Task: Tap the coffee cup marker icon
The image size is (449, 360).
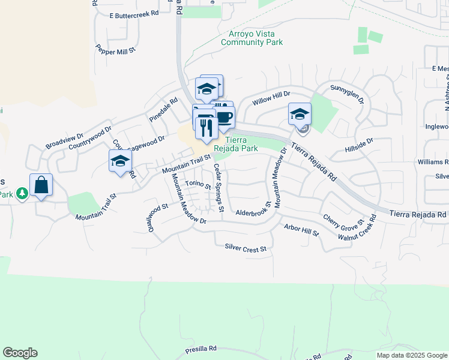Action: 224,118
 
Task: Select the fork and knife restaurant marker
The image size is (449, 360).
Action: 206,127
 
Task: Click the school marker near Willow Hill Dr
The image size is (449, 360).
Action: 300,114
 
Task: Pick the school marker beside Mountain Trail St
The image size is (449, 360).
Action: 120,161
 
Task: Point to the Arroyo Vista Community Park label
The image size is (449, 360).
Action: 252,38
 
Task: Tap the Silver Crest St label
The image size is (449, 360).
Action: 245,247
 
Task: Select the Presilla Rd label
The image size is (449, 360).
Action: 200,349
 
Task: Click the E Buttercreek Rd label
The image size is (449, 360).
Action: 134,13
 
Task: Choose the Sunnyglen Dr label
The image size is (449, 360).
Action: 347,94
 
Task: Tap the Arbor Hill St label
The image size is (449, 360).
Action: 301,230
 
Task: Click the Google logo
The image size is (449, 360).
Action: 20,353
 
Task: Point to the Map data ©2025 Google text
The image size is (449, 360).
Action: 411,355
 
